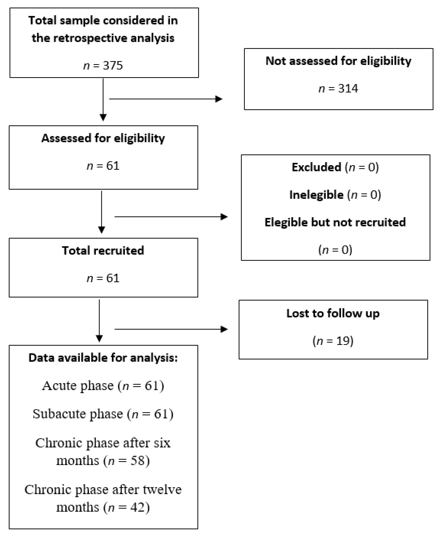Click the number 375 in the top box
tap(113, 66)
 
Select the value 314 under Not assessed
tap(348, 89)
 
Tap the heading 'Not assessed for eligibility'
tap(338, 61)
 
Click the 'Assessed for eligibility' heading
tap(103, 138)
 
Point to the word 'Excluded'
tap(316, 167)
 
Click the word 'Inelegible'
tap(316, 195)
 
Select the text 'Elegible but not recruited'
tap(335, 222)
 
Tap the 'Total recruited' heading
tap(103, 251)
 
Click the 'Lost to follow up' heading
tap(333, 313)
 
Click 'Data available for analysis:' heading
tap(103, 358)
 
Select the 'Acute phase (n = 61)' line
tap(103, 386)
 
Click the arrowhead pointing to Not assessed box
tap(219, 99)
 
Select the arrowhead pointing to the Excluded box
tap(224, 217)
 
